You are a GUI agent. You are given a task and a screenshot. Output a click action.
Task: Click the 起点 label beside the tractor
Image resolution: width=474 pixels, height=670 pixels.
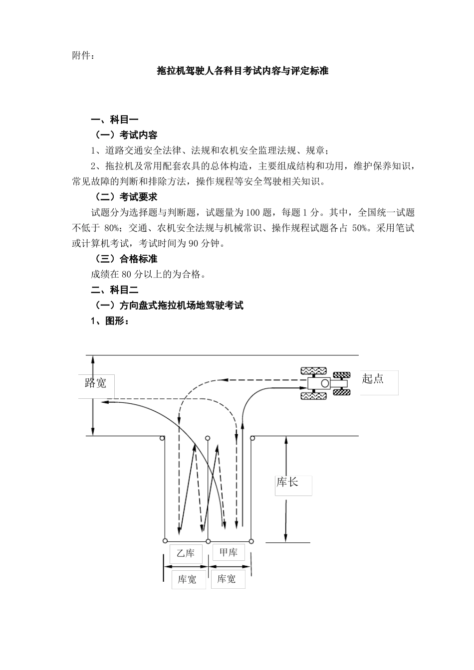tap(373, 379)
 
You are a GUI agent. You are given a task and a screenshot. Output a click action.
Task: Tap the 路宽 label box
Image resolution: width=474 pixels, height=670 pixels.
tap(95, 383)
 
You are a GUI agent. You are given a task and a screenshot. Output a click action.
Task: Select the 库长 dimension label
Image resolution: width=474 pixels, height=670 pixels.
tap(288, 483)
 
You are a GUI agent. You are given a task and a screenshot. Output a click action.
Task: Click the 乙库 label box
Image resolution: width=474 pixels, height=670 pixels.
tap(186, 553)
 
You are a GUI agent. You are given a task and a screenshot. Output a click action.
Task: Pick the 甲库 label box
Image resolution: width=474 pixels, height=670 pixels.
tap(229, 552)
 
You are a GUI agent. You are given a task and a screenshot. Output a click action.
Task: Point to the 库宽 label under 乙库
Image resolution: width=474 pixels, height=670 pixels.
tap(188, 579)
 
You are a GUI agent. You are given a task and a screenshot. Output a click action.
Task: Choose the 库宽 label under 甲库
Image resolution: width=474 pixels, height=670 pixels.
tap(227, 579)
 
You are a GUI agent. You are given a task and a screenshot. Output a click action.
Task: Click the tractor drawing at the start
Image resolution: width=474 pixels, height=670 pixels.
tap(323, 383)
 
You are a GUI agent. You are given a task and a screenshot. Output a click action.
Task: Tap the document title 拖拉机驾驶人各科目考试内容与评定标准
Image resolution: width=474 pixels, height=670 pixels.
tap(242, 71)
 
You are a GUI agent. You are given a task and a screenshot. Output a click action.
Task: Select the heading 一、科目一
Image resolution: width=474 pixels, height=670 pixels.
tap(114, 120)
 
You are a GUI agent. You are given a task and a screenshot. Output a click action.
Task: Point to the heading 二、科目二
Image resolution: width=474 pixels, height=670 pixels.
tap(114, 290)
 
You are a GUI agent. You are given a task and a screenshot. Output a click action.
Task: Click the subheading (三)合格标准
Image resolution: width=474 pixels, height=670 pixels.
tap(126, 259)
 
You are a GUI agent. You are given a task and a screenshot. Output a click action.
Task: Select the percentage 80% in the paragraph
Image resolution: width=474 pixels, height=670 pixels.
tap(113, 228)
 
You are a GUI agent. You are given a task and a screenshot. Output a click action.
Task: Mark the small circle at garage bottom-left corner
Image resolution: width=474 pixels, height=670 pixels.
tap(165, 541)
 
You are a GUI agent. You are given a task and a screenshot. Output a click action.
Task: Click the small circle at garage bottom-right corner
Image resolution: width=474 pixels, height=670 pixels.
tap(251, 541)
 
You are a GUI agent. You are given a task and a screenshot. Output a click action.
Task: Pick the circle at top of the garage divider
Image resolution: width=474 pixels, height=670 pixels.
tap(208, 438)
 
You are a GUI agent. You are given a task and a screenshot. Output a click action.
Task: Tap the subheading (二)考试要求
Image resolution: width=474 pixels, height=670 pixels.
tap(126, 197)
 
